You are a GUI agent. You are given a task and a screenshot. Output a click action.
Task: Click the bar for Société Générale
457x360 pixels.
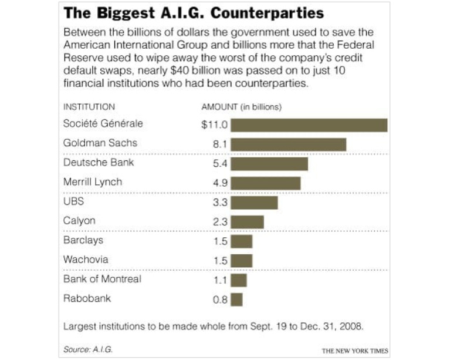click(x=309, y=125)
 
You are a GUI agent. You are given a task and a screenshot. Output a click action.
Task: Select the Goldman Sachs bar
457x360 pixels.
click(x=289, y=144)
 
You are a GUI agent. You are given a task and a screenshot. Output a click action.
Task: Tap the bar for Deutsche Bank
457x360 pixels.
click(x=269, y=164)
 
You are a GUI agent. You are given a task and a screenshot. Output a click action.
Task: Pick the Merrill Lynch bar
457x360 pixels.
click(x=266, y=183)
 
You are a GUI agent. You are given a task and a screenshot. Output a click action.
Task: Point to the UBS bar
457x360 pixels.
click(x=254, y=203)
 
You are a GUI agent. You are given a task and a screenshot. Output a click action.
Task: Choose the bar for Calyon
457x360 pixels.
click(x=247, y=222)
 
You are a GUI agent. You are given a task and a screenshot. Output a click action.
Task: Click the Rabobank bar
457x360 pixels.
click(x=236, y=300)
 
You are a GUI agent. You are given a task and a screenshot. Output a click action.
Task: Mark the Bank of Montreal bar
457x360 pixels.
click(x=239, y=280)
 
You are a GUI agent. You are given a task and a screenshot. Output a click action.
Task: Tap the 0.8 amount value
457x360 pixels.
click(x=221, y=300)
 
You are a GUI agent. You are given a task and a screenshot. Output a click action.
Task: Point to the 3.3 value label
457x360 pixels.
click(x=221, y=203)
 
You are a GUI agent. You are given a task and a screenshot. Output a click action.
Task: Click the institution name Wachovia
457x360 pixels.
click(x=86, y=260)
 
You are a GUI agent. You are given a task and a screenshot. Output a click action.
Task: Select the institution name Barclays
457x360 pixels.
click(x=83, y=240)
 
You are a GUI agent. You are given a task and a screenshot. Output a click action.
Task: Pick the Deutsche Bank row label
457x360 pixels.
click(x=99, y=163)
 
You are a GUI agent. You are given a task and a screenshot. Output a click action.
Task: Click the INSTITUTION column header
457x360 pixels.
click(x=89, y=107)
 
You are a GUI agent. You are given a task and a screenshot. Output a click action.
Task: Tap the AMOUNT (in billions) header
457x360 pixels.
click(x=242, y=107)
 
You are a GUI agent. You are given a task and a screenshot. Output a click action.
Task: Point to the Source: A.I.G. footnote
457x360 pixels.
click(x=88, y=349)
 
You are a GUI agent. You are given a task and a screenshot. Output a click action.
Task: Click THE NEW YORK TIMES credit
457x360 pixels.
click(x=354, y=350)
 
